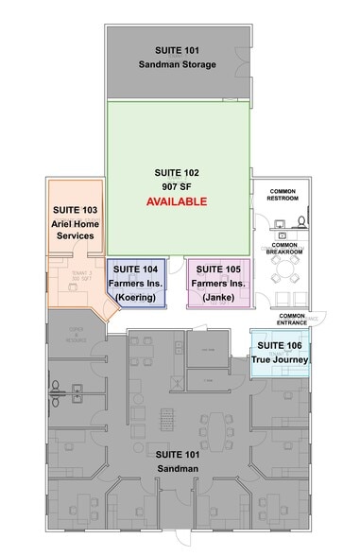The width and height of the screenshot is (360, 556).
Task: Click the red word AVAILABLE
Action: click(x=176, y=202)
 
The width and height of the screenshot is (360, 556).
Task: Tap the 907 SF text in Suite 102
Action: click(x=177, y=187)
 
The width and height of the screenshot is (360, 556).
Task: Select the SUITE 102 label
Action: click(x=177, y=173)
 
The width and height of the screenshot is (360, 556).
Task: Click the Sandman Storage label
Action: click(x=178, y=64)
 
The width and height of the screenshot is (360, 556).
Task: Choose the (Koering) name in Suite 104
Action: click(x=137, y=298)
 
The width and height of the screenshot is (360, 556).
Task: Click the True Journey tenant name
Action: click(x=279, y=359)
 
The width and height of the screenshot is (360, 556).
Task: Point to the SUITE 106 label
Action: click(x=279, y=345)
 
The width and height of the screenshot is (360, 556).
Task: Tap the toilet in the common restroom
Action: click(x=301, y=223)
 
